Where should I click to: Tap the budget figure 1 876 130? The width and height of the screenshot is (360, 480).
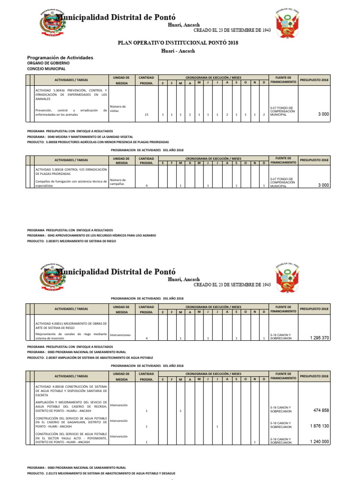click(x=319, y=426)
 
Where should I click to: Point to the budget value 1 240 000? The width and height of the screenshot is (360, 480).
click(x=319, y=442)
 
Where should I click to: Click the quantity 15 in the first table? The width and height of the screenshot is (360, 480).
click(x=147, y=114)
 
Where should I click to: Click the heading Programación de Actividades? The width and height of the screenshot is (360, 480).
click(x=60, y=58)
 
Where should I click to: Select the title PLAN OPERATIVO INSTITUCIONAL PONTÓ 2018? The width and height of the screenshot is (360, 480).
click(x=178, y=43)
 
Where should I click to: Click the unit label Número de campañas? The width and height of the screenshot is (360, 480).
click(x=118, y=181)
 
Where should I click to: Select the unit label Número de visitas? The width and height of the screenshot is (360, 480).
click(x=118, y=109)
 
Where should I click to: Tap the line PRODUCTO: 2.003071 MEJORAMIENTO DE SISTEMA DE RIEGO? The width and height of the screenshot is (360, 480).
click(x=71, y=240)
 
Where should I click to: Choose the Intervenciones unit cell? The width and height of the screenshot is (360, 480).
click(x=120, y=335)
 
